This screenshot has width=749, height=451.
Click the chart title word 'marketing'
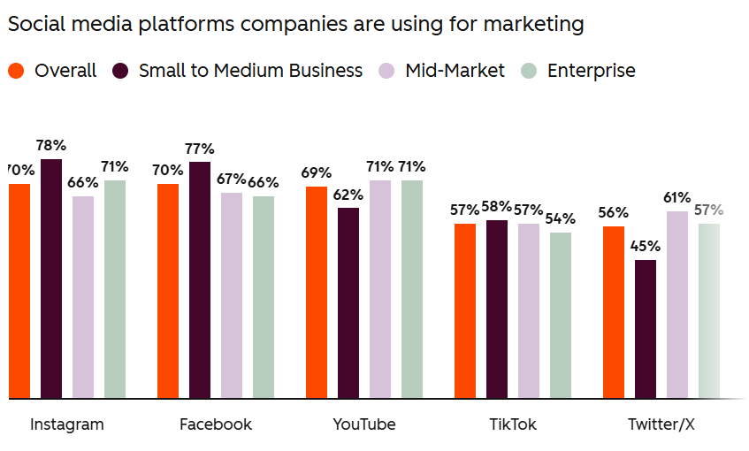pyautogui.click(x=537, y=24)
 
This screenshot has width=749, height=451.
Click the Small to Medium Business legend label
pyautogui.click(x=250, y=71)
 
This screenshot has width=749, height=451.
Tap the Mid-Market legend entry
pyautogui.click(x=455, y=71)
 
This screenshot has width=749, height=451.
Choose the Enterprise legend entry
pyautogui.click(x=591, y=71)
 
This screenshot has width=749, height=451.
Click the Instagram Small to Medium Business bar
pyautogui.click(x=51, y=279)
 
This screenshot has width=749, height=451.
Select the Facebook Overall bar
pyautogui.click(x=168, y=291)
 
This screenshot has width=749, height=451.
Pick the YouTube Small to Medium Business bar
pyautogui.click(x=348, y=302)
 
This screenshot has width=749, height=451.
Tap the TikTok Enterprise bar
pyautogui.click(x=561, y=315)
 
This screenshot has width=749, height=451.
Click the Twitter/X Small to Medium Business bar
pyautogui.click(x=646, y=329)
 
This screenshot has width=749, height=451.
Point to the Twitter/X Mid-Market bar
pyautogui.click(x=677, y=304)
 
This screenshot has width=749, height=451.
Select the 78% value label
pyautogui.click(x=51, y=145)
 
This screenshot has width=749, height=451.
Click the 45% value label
pyautogui.click(x=646, y=246)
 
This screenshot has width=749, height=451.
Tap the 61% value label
pyautogui.click(x=677, y=197)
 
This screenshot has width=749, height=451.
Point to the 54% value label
pyautogui.click(x=561, y=218)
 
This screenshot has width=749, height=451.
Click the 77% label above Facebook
pyautogui.click(x=200, y=148)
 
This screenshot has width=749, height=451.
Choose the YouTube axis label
pyautogui.click(x=364, y=424)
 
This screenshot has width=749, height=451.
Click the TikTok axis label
pyautogui.click(x=513, y=424)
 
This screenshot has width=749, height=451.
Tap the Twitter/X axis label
pyautogui.click(x=661, y=424)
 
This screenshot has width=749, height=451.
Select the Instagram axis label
pyautogui.click(x=67, y=424)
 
